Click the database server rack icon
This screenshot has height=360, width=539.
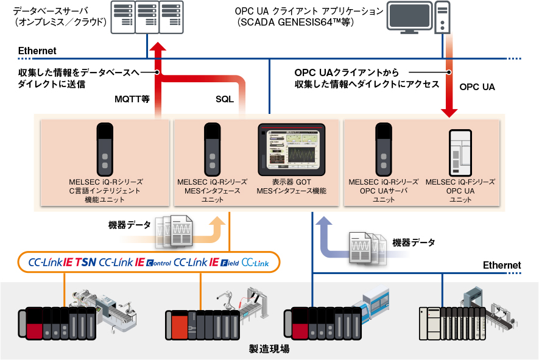point(147,17)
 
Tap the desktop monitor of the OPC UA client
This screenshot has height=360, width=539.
point(410,18)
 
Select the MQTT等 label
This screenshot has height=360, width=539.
point(132,99)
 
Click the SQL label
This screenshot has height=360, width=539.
point(225,99)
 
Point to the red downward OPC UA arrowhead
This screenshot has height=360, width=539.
point(449,113)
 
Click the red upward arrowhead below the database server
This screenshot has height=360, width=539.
point(158,47)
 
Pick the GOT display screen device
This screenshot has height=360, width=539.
point(292,150)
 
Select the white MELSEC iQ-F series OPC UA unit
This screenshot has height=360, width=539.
point(460,153)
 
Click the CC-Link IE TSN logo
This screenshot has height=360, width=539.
point(62,263)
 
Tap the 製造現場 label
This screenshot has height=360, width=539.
point(269,349)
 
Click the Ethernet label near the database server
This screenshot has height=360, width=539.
point(37,51)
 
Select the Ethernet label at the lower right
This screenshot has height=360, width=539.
point(502,265)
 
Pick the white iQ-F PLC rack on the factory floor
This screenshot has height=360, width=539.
point(453,323)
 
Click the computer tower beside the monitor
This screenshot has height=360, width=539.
point(442,17)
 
